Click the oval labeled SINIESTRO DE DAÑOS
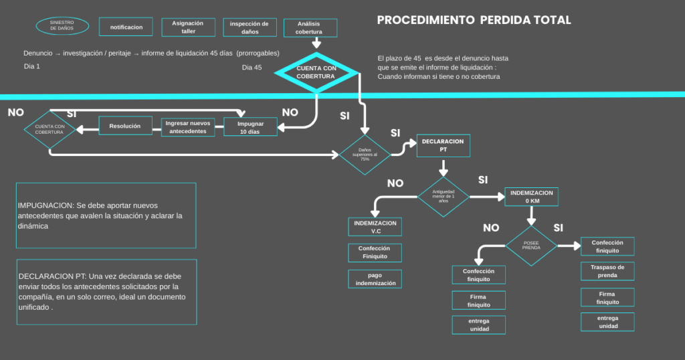62,26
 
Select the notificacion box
126,27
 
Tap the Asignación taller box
189,27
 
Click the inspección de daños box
249,27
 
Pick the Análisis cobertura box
310,27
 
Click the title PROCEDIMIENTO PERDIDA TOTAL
474,20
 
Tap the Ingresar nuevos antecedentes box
189,127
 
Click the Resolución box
125,126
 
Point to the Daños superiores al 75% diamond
365,155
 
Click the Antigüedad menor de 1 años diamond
444,197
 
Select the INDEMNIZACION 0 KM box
531,197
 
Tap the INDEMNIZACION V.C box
375,227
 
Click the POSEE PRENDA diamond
531,246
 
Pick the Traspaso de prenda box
607,271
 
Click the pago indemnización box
375,278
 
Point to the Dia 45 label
252,67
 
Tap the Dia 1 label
32,67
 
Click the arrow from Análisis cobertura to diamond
310,43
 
